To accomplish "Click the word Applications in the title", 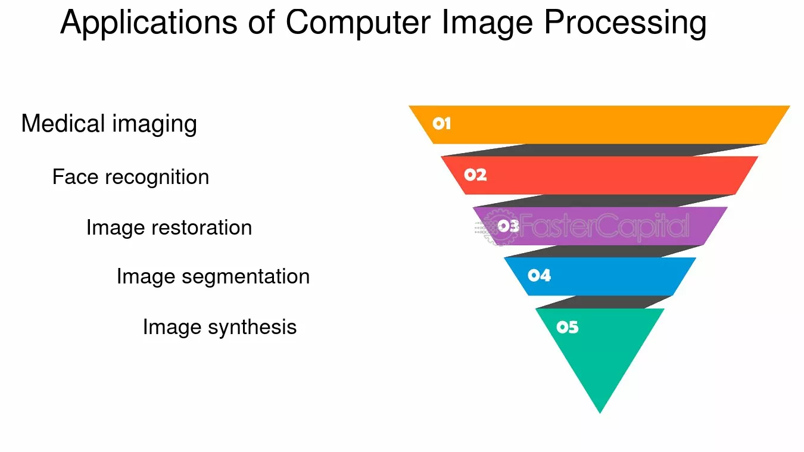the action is point(149,23).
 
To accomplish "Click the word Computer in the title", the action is point(358,23).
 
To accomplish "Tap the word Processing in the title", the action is point(625,23).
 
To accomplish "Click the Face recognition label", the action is point(130,177).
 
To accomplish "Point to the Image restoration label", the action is point(169,228).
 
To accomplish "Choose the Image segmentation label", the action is point(213,277).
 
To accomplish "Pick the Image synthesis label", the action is point(220,328).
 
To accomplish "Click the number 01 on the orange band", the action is point(441,124).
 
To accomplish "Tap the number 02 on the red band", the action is point(475,175).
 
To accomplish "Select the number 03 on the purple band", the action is point(508,226).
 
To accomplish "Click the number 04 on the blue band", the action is point(539,275).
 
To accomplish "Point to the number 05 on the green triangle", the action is point(568,327).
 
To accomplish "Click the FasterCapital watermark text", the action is point(604,226).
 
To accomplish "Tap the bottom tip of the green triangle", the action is point(600,413).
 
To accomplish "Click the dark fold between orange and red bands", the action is point(603,150).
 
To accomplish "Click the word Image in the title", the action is point(487,23).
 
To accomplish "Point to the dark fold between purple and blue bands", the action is point(603,252).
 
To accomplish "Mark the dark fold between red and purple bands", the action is point(603,201).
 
